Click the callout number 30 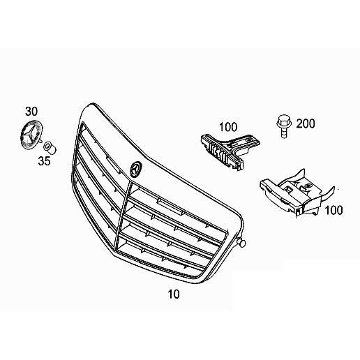point(31,112)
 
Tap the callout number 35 point(44,160)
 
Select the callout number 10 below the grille point(174,294)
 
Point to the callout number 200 point(306,123)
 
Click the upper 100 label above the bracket point(228,127)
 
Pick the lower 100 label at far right point(333,210)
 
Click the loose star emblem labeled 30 point(31,134)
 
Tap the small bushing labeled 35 point(50,148)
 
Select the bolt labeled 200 point(284,126)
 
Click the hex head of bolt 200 point(284,121)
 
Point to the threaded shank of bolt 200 point(284,133)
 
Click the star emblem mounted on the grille point(136,169)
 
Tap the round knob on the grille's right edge point(242,243)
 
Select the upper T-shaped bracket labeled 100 point(230,151)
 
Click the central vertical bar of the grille point(123,215)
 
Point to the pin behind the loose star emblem point(40,140)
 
